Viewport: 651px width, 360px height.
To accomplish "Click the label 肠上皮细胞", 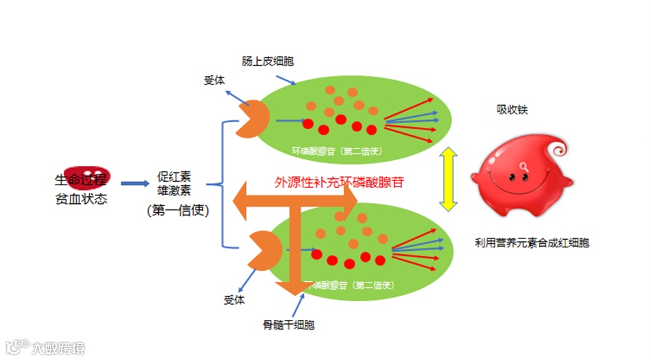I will [x=267, y=61].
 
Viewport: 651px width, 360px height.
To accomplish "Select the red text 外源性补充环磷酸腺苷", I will [x=339, y=182].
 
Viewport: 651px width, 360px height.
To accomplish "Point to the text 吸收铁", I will [x=512, y=109].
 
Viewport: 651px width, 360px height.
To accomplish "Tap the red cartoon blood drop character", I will [x=523, y=174].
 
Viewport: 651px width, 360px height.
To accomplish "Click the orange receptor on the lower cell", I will [x=263, y=249].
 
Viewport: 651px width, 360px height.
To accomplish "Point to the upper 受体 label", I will [x=214, y=80].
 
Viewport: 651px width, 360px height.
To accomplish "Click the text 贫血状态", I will [x=82, y=199].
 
